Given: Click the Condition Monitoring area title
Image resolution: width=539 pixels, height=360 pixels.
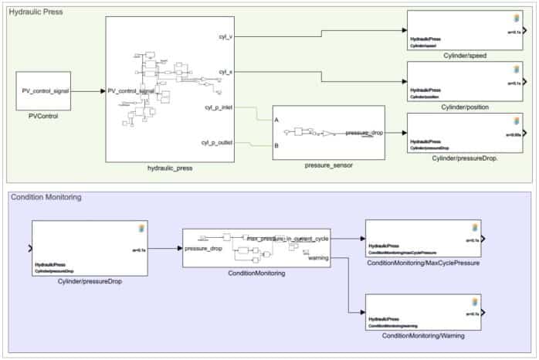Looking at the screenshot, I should (46, 197).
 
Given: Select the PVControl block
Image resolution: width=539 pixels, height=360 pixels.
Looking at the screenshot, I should (44, 91).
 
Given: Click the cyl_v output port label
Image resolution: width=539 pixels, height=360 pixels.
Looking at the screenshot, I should (226, 36).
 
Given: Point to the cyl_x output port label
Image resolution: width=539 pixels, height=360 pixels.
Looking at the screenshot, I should (226, 72).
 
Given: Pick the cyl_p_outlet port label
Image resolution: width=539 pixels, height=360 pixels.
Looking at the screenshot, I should (219, 142).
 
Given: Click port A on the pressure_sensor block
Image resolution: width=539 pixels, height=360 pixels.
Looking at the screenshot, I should (277, 121).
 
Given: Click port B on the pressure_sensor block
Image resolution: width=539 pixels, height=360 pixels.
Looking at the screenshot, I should (277, 145).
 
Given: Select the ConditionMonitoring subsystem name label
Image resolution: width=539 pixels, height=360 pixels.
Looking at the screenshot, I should (256, 273).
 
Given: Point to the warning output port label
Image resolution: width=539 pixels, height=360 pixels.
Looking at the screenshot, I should (318, 258).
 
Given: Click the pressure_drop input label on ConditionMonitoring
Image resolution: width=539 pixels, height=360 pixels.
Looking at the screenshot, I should (205, 249).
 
